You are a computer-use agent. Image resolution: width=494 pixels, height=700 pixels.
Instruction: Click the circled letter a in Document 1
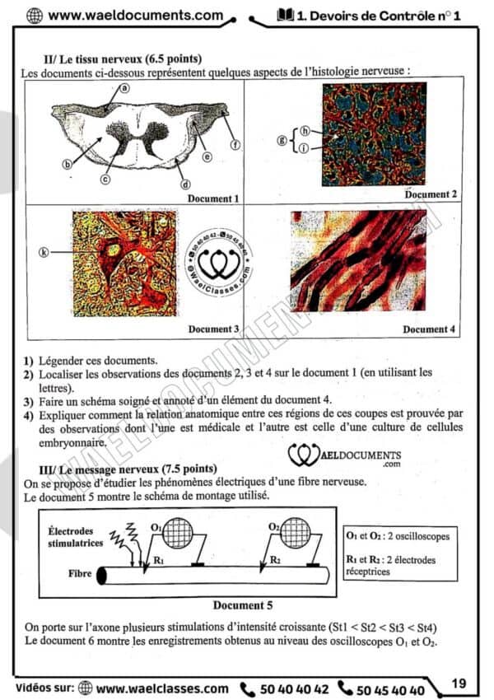[124, 88]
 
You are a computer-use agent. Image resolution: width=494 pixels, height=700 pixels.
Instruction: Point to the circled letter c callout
[106, 179]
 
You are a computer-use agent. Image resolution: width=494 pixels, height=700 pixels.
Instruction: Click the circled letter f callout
[235, 146]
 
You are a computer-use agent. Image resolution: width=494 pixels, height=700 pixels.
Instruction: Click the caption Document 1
[213, 198]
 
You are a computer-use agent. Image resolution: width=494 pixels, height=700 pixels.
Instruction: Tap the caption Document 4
[428, 329]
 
